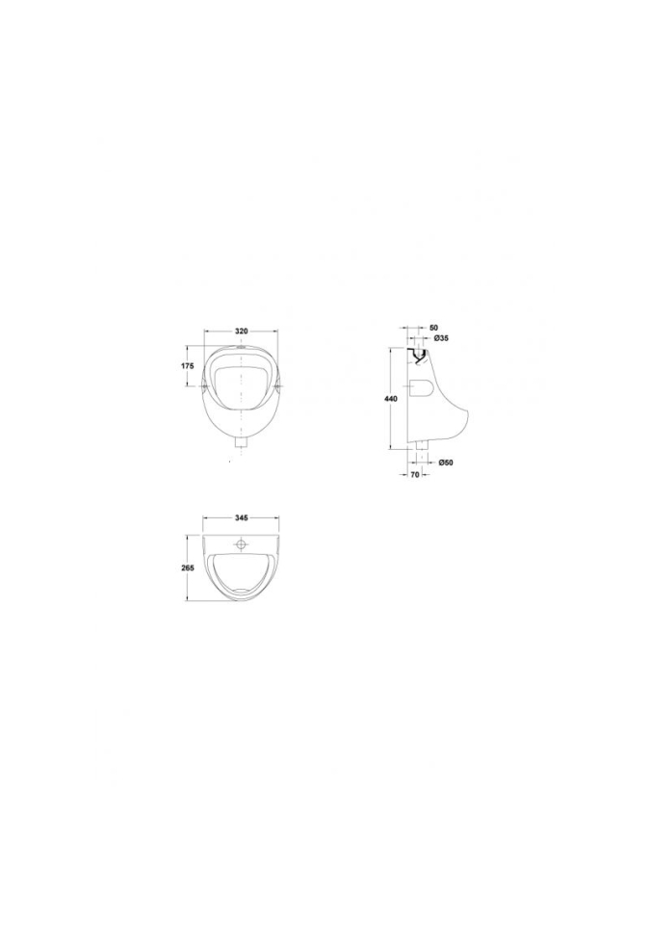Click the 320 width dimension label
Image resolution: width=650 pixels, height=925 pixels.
click(x=242, y=330)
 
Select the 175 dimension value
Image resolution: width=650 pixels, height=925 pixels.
click(x=187, y=366)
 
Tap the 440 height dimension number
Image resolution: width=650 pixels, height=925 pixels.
click(x=390, y=399)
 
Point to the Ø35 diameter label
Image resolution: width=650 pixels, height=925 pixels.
click(x=442, y=338)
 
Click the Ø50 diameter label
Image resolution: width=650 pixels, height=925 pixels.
click(x=445, y=462)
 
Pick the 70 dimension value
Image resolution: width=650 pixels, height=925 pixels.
click(x=414, y=474)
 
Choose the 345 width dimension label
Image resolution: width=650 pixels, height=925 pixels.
click(x=241, y=517)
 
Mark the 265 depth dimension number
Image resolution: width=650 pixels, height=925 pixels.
click(x=188, y=568)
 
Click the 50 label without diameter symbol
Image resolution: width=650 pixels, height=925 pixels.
click(x=434, y=327)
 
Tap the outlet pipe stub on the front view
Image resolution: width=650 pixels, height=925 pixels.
click(x=241, y=443)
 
